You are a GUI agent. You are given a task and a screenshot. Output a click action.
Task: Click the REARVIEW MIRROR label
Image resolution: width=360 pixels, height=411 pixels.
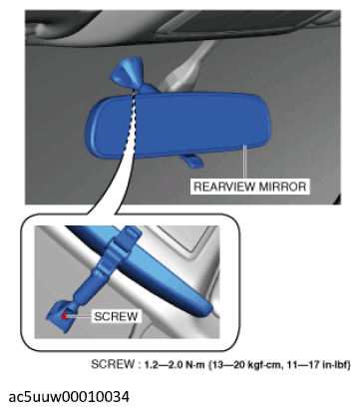tap(249, 185)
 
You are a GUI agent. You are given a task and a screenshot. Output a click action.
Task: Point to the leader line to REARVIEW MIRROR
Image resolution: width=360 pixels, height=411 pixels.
tap(246, 162)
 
